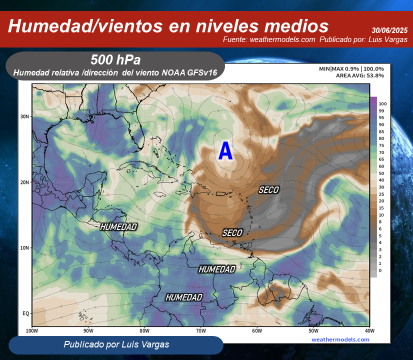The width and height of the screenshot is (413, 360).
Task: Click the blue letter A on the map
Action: tap(225, 151)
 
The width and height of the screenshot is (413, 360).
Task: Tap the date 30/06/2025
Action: tap(389, 30)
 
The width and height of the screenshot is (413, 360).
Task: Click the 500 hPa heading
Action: tap(115, 60)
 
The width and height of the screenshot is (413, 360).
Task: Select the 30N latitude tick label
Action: tap(25, 116)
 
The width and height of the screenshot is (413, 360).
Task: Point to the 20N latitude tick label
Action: tap(25, 182)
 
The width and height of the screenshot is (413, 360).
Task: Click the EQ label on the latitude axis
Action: tap(26, 313)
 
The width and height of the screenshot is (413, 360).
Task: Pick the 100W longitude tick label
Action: tap(31, 330)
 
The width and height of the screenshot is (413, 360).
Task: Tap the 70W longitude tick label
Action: tap(200, 330)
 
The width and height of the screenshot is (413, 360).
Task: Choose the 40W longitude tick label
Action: tap(369, 330)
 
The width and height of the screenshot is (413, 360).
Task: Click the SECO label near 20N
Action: tap(268, 190)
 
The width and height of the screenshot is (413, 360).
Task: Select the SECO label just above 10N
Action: tap(232, 233)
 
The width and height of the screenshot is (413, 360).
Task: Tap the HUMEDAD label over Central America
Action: tap(118, 227)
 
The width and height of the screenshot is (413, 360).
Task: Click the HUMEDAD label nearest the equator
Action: tap(184, 297)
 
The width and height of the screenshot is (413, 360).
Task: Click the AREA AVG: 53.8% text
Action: tap(360, 75)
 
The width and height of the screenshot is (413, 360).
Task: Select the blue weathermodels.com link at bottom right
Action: tap(340, 339)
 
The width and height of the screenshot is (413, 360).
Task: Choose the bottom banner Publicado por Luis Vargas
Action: tap(116, 344)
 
